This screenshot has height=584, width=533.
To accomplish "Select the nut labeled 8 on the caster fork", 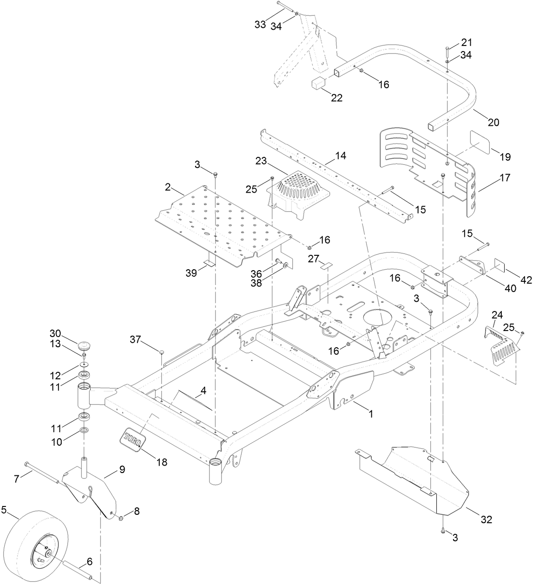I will pyautogui.click(x=121, y=518).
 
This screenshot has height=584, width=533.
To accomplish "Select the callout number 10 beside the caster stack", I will pyautogui.click(x=56, y=442).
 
